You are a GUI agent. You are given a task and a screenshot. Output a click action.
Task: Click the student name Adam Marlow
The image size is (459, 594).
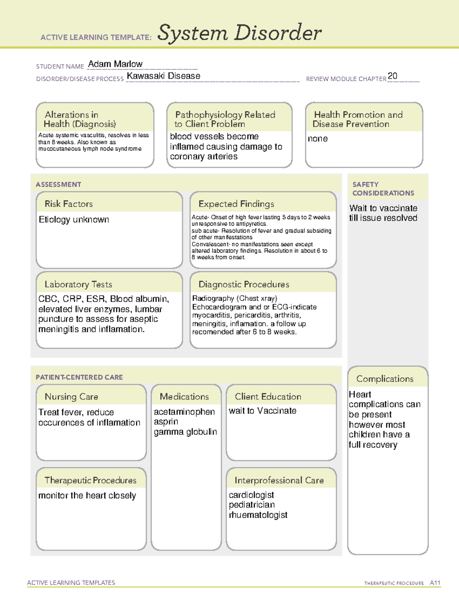[115, 64]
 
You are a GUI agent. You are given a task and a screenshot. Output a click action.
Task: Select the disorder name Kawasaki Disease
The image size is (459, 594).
[163, 76]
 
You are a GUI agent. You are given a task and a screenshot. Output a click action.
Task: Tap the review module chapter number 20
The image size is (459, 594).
[392, 76]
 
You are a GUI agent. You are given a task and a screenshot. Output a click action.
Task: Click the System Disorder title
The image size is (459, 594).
[239, 33]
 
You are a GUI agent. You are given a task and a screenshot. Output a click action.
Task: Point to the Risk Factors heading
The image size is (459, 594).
[68, 204]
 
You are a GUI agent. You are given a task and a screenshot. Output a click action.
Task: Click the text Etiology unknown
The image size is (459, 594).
[74, 220]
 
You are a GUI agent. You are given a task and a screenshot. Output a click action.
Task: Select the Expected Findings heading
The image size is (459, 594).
[236, 204]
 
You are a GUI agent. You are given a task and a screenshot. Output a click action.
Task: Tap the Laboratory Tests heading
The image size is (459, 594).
[78, 284]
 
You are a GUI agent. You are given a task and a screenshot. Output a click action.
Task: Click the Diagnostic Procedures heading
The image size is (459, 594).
[244, 284]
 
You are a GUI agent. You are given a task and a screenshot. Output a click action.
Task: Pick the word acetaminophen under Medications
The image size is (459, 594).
[184, 412]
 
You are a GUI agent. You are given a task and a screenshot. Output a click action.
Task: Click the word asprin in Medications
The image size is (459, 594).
[166, 421]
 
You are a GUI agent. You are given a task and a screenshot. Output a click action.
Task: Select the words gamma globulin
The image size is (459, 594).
[185, 432]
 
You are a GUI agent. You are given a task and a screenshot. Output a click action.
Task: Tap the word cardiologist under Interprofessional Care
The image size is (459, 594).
[251, 495]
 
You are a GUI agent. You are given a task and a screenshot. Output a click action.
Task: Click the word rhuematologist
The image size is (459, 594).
[258, 515]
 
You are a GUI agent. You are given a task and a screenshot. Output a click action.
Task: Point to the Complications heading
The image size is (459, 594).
[385, 379]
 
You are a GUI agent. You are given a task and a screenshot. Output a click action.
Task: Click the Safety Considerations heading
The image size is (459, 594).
[383, 189]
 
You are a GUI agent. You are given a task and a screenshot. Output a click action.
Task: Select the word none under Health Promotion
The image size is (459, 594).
[317, 139]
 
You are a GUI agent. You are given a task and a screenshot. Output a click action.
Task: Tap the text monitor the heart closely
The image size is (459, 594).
[87, 495]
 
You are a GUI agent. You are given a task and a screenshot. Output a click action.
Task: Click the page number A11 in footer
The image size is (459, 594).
[435, 583]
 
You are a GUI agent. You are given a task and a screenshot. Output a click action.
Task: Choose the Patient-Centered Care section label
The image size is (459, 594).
[79, 377]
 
